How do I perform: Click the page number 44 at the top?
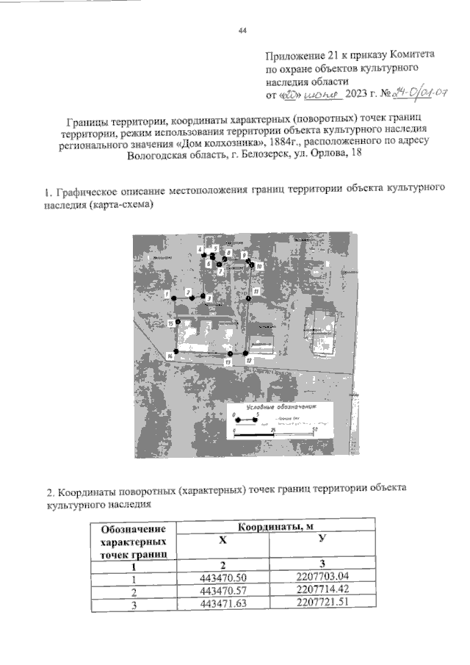tap(243, 30)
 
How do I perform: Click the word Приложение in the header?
tap(293, 54)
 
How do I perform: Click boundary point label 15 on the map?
tap(170, 323)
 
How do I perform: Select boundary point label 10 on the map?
tap(259, 265)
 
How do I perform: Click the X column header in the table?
tap(225, 539)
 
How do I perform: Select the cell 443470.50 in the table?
tap(223, 578)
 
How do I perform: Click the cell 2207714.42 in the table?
tap(322, 591)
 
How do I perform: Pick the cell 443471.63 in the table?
tap(223, 605)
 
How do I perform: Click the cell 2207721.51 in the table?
tap(322, 604)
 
